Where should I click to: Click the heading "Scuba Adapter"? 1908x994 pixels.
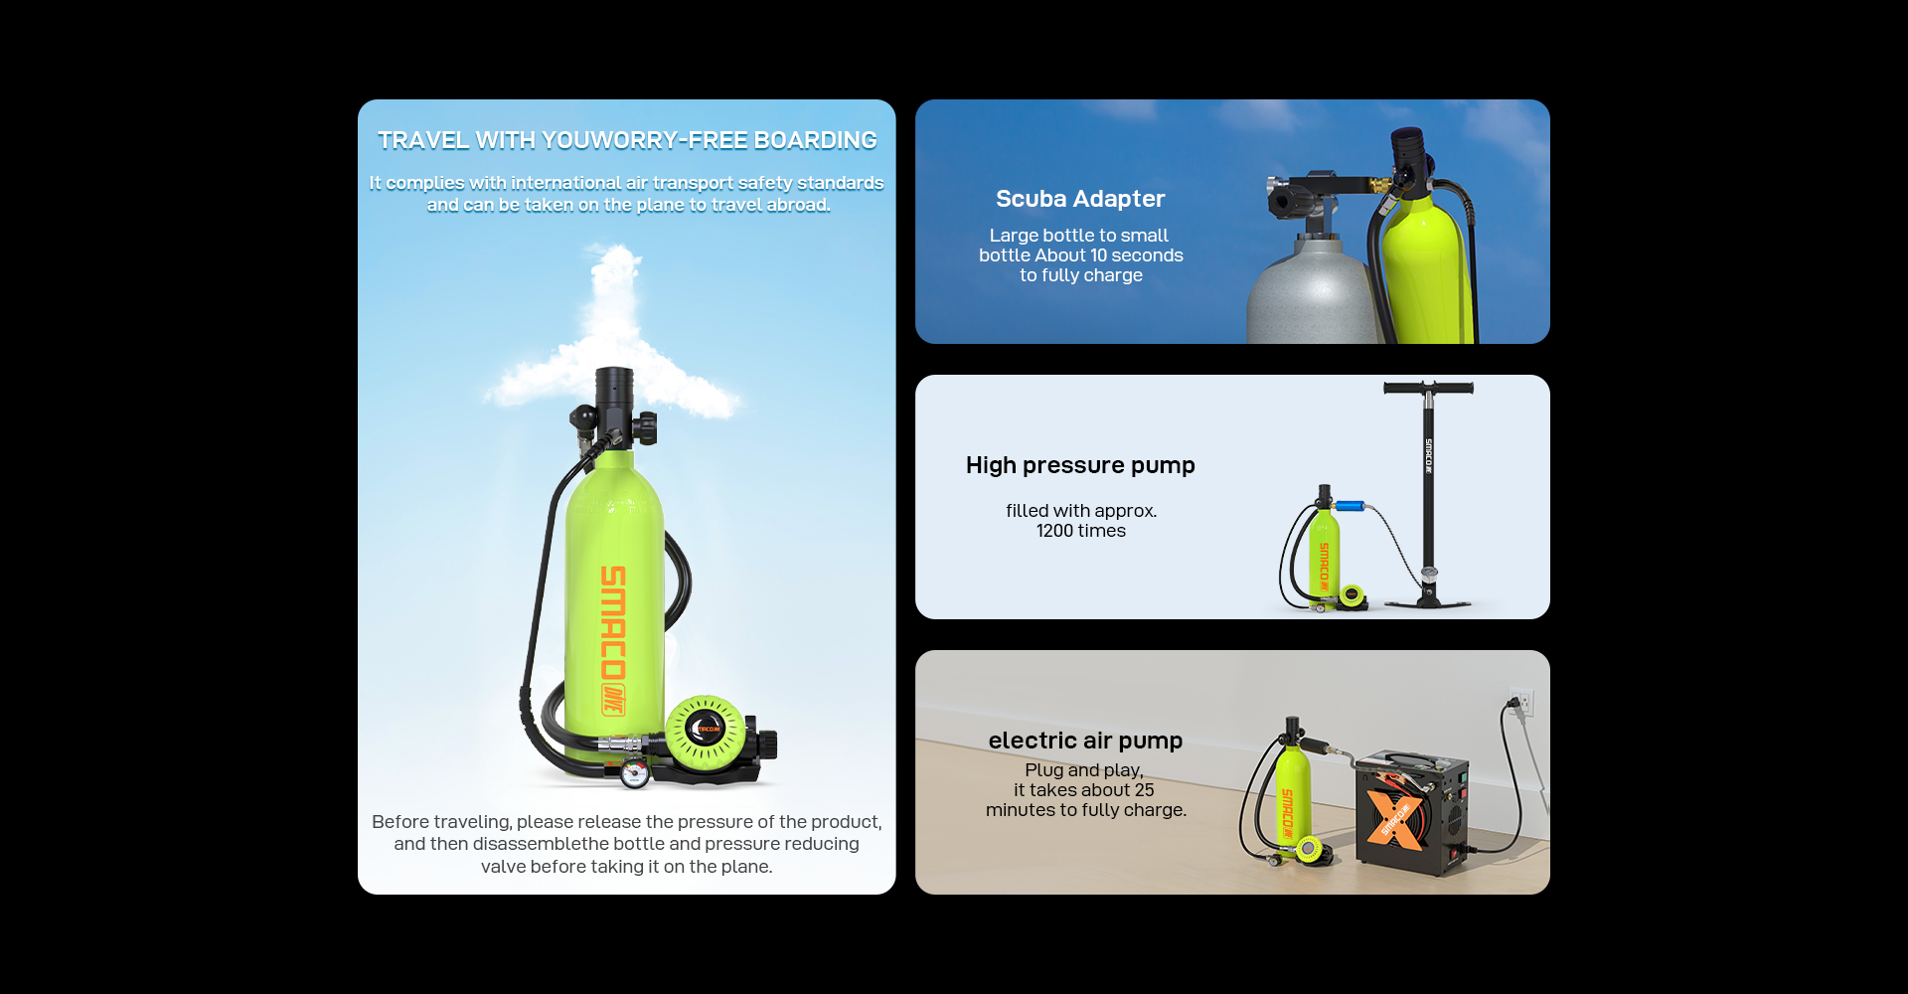(x=1080, y=199)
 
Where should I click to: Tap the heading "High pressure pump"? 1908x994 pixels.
(x=1080, y=465)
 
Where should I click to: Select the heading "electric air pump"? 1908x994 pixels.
(x=1085, y=741)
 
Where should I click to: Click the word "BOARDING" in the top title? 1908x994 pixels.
(x=815, y=140)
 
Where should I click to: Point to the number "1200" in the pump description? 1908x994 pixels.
(x=1054, y=531)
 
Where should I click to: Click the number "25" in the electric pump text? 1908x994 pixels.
(x=1144, y=790)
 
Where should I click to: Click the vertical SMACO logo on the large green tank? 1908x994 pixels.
(x=613, y=639)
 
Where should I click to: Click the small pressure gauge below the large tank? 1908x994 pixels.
(x=635, y=772)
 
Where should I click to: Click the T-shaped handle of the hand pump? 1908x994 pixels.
(x=1428, y=388)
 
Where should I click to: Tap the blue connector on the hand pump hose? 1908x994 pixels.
(x=1349, y=506)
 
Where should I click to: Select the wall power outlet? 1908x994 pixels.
(x=1521, y=703)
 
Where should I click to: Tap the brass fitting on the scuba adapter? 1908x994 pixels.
(x=1379, y=185)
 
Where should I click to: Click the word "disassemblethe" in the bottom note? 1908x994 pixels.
(x=537, y=844)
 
